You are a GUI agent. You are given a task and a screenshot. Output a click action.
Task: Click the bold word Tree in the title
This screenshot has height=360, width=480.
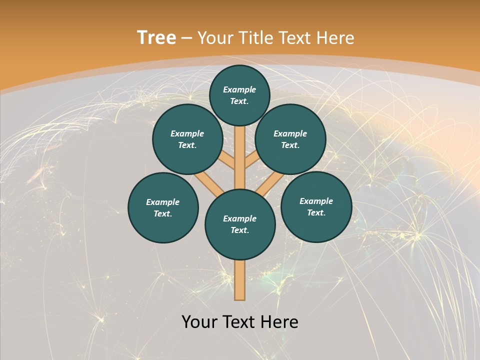[156, 38]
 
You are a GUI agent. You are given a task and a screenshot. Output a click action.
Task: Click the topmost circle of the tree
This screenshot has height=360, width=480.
[239, 95]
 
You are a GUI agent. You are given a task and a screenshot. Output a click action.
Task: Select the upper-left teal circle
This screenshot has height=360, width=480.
[187, 139]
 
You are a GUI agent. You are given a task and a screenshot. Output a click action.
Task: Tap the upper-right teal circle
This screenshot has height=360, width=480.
[290, 139]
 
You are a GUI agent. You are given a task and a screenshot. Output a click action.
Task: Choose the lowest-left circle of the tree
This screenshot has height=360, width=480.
[163, 207]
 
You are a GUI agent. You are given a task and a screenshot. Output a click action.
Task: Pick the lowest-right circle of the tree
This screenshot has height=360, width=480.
[316, 206]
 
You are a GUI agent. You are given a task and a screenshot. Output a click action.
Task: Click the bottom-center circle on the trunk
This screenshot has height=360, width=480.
[240, 224]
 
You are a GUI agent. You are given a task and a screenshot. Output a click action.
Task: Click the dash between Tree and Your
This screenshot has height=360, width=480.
[186, 38]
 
